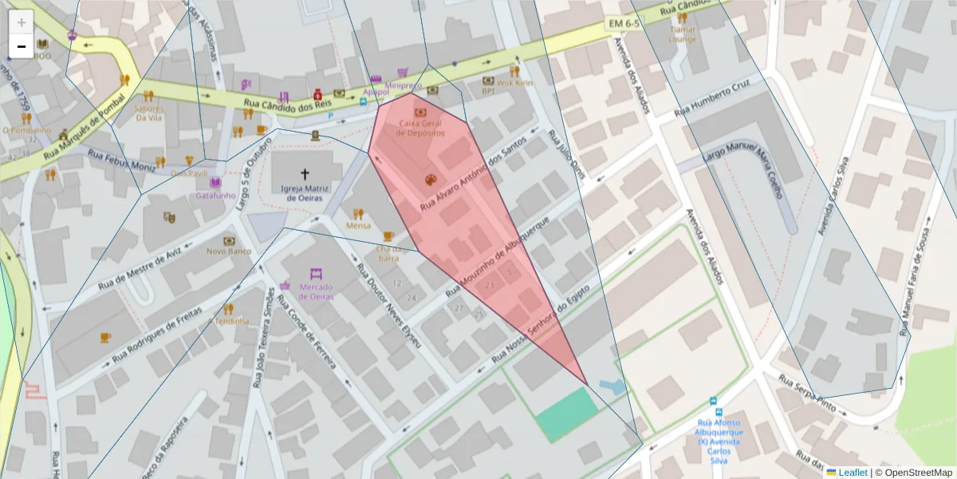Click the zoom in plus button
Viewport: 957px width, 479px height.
tap(22, 22)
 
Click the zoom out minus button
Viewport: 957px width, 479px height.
tap(22, 46)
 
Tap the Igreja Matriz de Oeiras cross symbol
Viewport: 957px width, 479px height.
tap(305, 173)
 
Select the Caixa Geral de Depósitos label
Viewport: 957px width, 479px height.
tap(420, 129)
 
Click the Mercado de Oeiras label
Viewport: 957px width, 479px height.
tap(316, 291)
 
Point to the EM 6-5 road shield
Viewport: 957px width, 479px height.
tap(624, 25)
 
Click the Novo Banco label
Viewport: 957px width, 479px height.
tap(229, 251)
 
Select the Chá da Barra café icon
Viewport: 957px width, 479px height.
tap(388, 236)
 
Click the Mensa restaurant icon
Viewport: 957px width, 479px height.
tap(358, 214)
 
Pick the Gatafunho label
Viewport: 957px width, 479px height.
tap(215, 195)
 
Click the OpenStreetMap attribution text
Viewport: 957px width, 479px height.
tap(913, 472)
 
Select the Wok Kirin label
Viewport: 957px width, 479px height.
tap(514, 82)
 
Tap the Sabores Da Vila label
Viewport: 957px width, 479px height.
tap(149, 113)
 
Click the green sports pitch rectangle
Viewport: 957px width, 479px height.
tap(567, 415)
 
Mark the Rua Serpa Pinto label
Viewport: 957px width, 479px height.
tap(806, 389)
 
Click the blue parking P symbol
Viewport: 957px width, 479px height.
tap(331, 115)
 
